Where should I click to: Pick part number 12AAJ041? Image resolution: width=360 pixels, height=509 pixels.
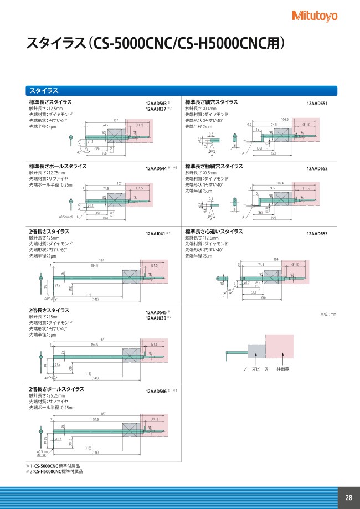click(x=156, y=234)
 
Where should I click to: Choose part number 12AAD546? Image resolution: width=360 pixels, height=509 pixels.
click(x=156, y=392)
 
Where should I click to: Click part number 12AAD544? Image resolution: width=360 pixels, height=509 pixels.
click(x=156, y=168)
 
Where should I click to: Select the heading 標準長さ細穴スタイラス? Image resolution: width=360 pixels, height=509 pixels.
click(x=211, y=102)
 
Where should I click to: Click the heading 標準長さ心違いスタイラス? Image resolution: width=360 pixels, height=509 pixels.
click(x=213, y=231)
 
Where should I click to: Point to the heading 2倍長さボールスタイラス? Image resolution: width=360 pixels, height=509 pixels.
click(x=56, y=389)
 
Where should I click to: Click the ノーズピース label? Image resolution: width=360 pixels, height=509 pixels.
click(x=254, y=368)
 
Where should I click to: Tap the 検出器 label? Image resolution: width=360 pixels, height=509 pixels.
click(x=282, y=368)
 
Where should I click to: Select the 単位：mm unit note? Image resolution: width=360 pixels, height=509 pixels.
click(x=328, y=314)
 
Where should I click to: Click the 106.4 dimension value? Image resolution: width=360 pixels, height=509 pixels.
click(x=279, y=183)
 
